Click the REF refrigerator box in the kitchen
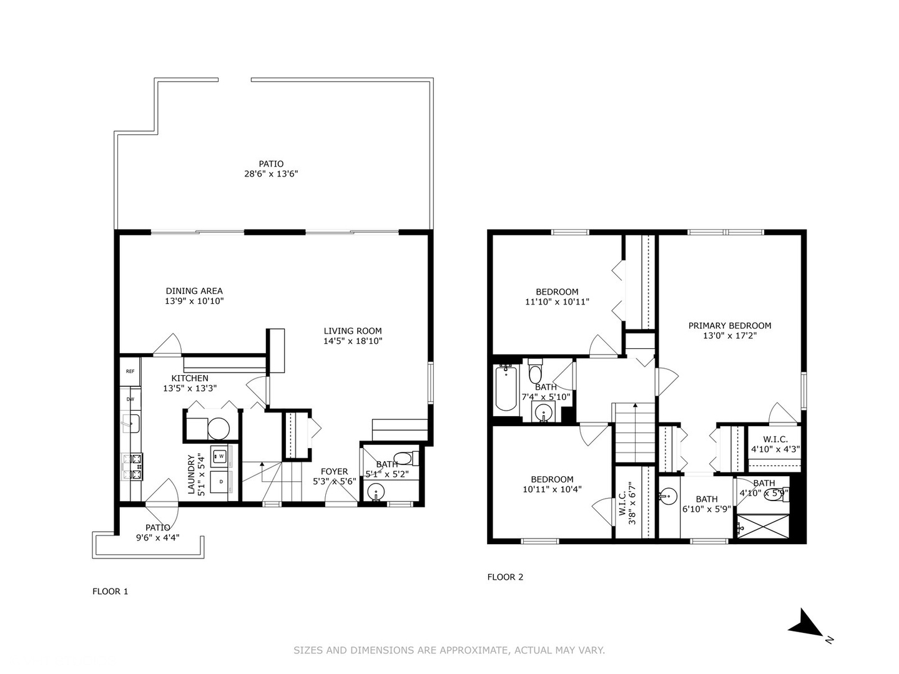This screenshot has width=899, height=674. (x=130, y=371)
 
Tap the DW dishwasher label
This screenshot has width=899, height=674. (x=130, y=399)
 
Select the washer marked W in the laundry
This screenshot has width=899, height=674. (x=220, y=456)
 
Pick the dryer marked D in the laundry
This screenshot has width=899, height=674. (x=220, y=482)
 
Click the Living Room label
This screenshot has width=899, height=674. (x=352, y=331)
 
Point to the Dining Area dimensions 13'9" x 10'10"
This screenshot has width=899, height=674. (x=194, y=301)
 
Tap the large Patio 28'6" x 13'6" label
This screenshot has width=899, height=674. (x=271, y=169)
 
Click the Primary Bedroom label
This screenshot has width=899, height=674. (x=729, y=326)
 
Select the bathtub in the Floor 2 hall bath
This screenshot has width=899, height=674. (x=506, y=389)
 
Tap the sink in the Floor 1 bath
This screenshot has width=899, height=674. (x=375, y=492)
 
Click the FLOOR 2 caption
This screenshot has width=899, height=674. (x=505, y=577)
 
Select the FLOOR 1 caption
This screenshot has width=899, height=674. (x=110, y=592)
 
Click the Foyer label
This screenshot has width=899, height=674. (x=334, y=472)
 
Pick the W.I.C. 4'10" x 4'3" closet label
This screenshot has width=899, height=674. (x=775, y=444)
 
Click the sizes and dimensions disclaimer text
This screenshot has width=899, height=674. (x=449, y=650)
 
